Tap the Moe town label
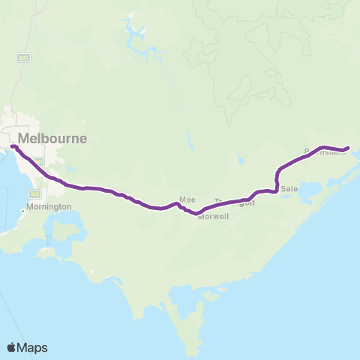click(187, 199)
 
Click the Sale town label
click(289, 190)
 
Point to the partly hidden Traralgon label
click(235, 202)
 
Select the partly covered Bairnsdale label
click(324, 151)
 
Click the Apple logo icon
click(11, 347)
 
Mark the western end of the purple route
click(12, 145)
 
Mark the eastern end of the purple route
click(348, 149)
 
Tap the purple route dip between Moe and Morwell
click(196, 214)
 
